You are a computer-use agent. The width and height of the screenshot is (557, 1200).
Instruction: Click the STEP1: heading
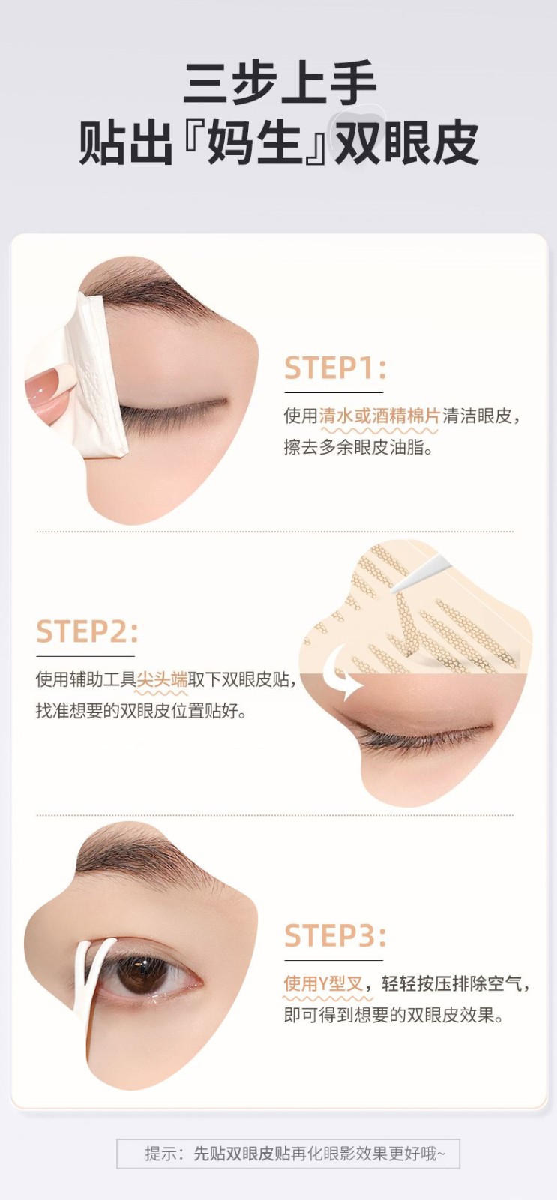point(335,368)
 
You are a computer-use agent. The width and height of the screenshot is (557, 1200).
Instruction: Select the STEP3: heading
point(335,935)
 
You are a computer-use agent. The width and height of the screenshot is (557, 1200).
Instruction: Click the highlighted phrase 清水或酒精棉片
point(379,415)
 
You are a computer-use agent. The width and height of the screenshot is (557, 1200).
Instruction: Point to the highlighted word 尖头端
point(162,679)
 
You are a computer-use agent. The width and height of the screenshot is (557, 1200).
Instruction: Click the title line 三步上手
point(280,84)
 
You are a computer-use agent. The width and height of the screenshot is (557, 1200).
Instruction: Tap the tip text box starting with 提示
point(288,1153)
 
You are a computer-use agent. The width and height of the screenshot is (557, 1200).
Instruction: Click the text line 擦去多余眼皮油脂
point(358,447)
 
